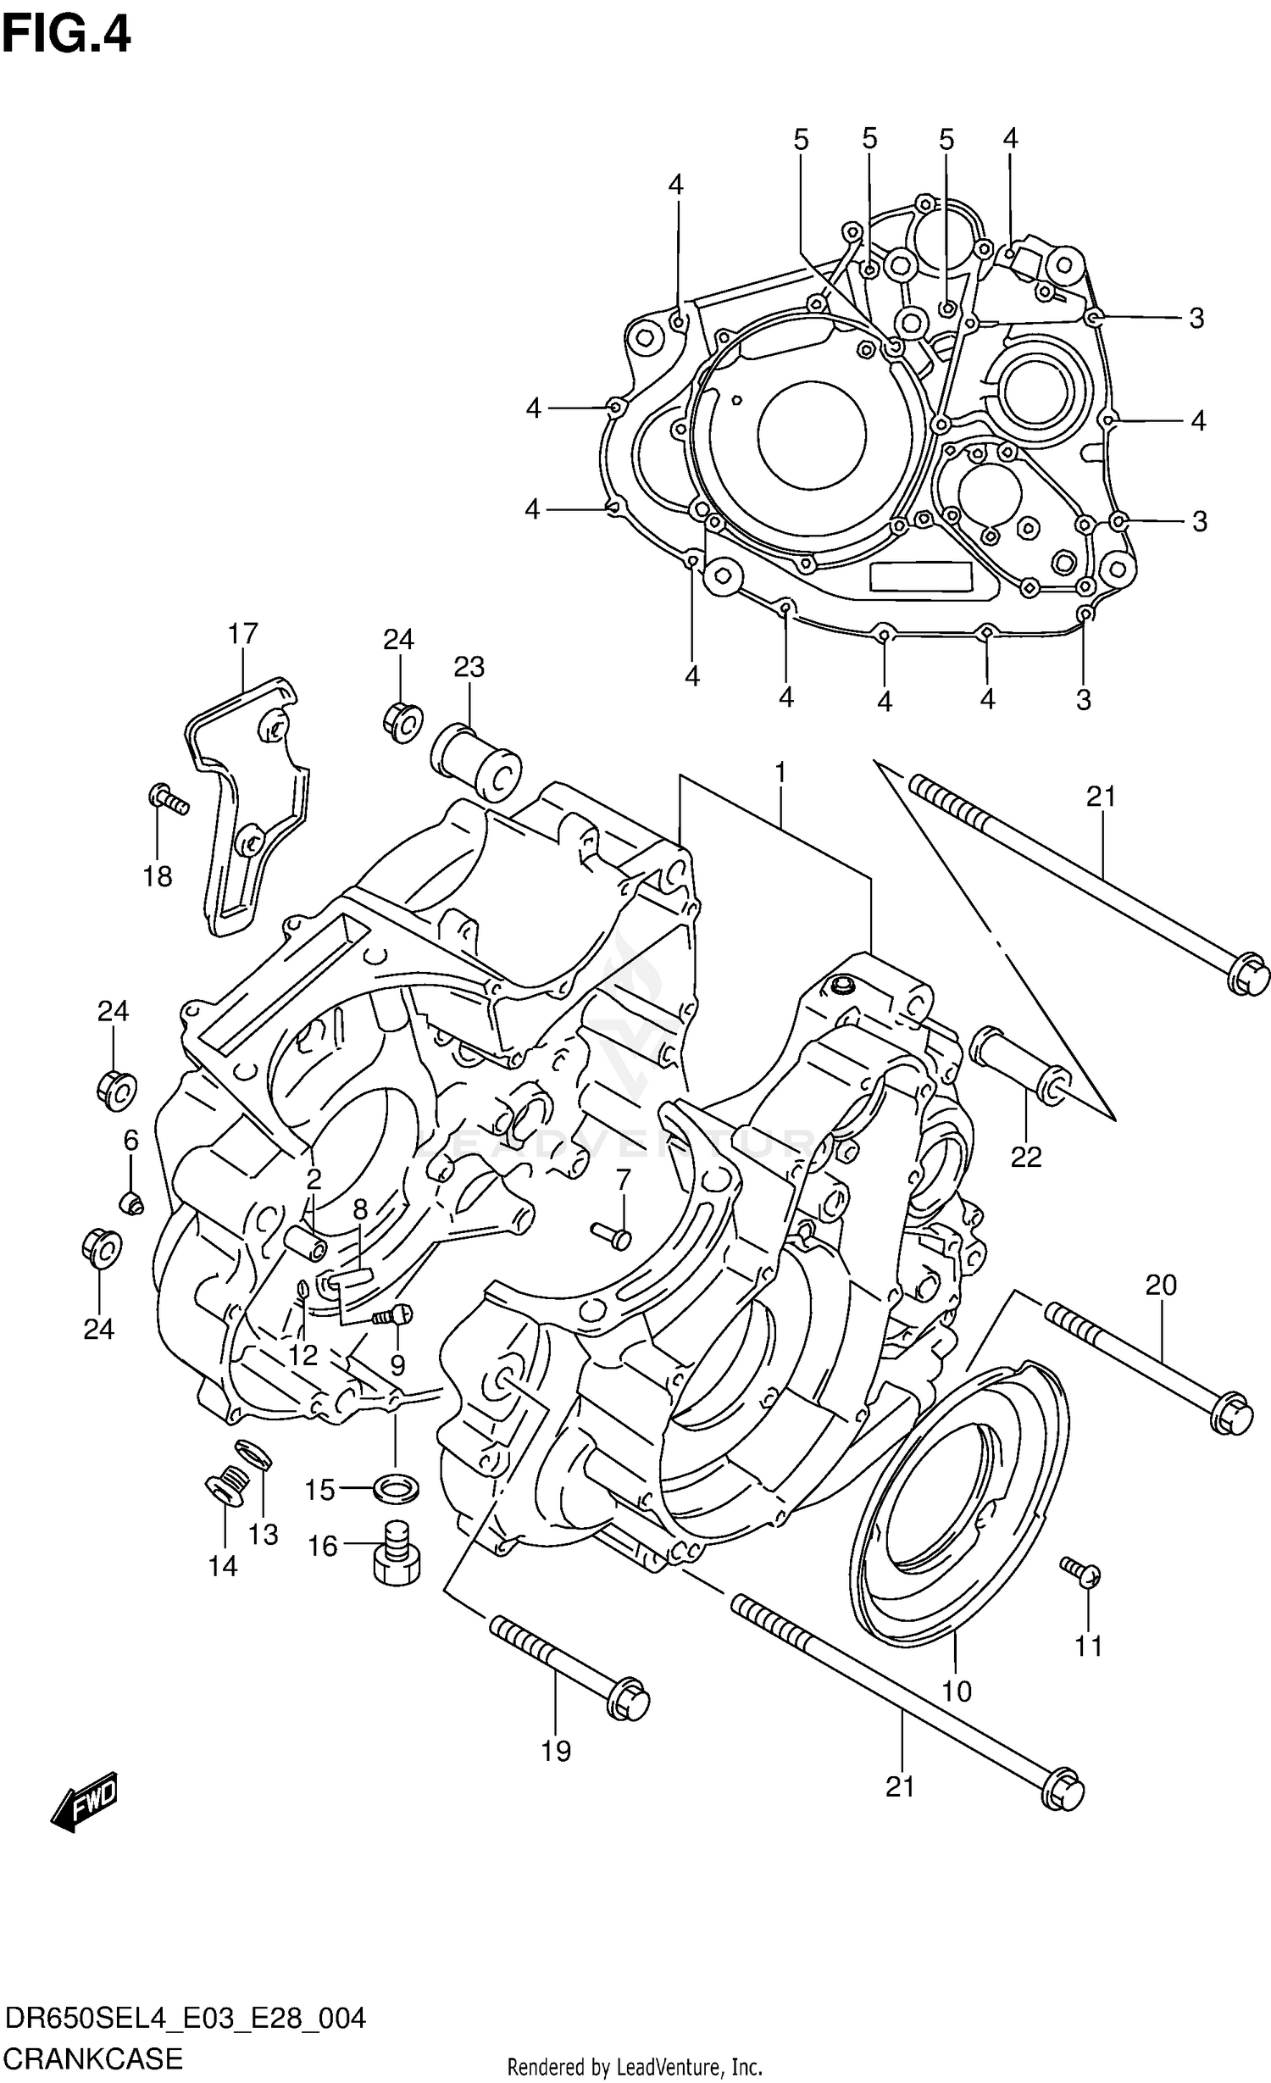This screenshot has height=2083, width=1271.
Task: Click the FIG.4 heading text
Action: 66,36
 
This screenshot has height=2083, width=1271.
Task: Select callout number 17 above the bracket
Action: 242,634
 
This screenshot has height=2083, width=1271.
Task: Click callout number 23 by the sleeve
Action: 469,668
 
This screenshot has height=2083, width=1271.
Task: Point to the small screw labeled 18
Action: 168,798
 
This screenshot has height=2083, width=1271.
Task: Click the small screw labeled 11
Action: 1081,1571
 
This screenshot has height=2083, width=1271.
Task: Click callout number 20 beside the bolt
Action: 1161,1286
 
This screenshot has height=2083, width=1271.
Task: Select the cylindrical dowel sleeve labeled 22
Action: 1021,1064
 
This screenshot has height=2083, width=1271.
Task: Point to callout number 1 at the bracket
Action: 780,773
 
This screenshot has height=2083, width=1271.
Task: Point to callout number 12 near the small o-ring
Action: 302,1356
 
